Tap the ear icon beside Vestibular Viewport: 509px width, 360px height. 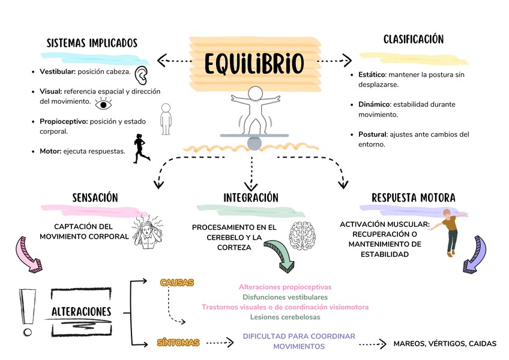pos(142,75)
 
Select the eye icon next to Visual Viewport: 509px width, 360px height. pos(104,104)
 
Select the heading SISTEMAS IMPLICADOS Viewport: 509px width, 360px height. pos(92,43)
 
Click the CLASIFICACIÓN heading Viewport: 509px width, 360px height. pos(414,40)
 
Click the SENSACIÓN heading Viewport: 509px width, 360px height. pos(95,197)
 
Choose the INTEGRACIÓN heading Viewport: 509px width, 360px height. pos(251,197)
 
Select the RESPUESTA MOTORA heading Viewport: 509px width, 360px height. pos(413,197)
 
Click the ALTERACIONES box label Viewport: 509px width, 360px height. pos(82,312)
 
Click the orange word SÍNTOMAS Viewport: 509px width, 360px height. pos(178,343)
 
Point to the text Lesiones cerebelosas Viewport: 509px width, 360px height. pos(285,317)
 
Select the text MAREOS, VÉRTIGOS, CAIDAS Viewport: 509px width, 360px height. pos(445,344)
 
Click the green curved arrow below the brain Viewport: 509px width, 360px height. pos(280,254)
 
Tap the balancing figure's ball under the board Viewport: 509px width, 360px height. pos(254,143)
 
